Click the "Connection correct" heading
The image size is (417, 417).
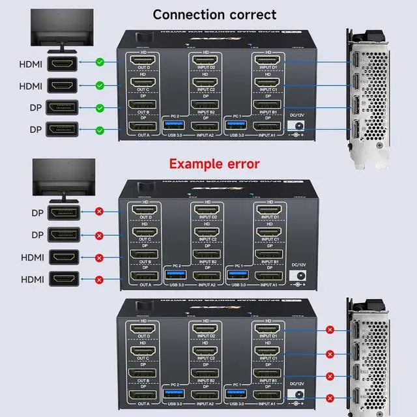click(214, 14)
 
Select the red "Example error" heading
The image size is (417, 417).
click(214, 164)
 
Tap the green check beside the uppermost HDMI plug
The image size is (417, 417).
click(100, 63)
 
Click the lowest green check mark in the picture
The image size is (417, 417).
click(100, 130)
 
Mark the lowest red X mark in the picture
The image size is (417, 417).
click(330, 397)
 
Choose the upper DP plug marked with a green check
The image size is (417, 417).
click(62, 108)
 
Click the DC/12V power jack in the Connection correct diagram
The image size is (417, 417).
click(298, 127)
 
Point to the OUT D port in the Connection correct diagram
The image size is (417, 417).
click(141, 62)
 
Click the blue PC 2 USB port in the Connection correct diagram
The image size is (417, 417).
click(175, 125)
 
